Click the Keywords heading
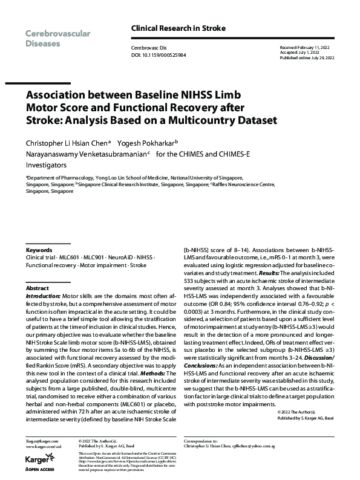point(40,249)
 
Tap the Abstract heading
point(38,288)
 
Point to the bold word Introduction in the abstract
point(43,297)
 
